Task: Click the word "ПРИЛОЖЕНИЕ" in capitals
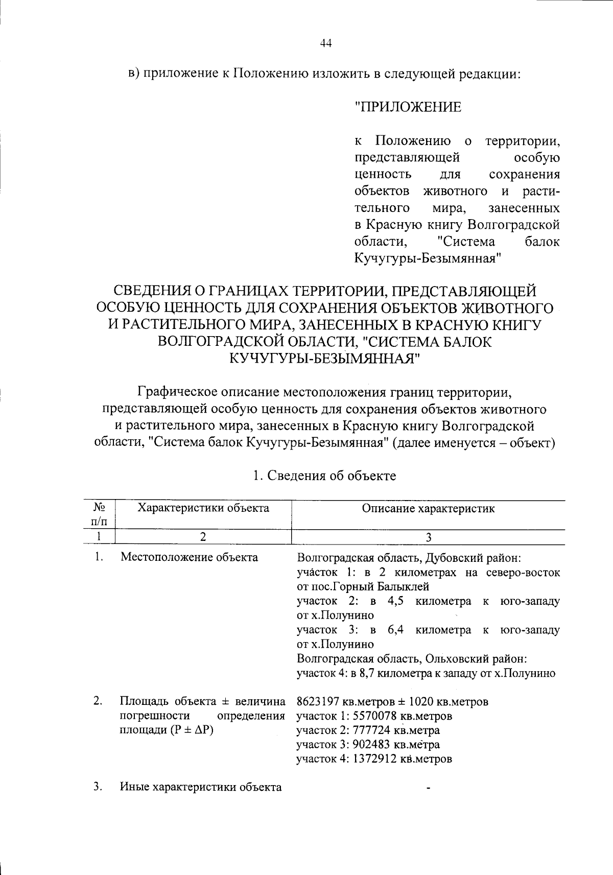coord(408,107)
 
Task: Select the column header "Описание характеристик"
coord(428,508)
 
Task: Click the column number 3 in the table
coord(429,537)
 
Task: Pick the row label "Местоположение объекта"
coord(189,557)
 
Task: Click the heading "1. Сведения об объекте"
coord(324,476)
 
